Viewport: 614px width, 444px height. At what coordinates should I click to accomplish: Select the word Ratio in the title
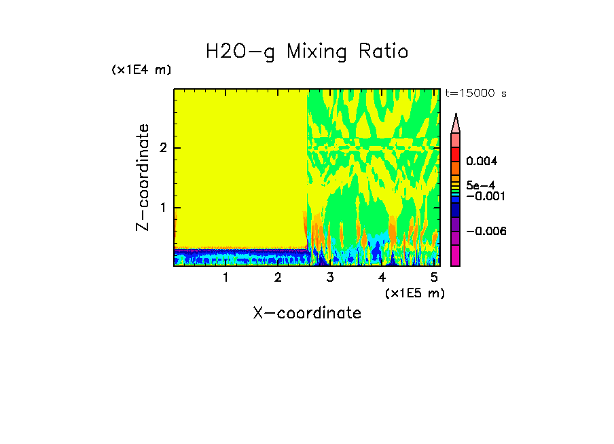click(x=384, y=51)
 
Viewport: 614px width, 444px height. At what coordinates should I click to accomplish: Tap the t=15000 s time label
click(x=475, y=94)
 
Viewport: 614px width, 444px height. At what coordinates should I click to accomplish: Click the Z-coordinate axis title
click(x=143, y=177)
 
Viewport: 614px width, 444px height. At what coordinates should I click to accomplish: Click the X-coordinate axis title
click(x=307, y=313)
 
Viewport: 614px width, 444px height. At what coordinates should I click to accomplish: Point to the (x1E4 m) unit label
click(x=141, y=70)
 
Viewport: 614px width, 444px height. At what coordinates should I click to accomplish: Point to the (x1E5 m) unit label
click(x=414, y=293)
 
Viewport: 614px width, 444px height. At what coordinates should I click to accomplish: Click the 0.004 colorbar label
click(x=482, y=162)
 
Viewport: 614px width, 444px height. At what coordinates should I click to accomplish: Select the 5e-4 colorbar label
click(x=480, y=185)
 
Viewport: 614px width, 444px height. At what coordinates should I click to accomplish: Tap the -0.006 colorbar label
click(x=486, y=231)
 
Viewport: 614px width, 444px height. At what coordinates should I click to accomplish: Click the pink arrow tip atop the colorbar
click(x=455, y=123)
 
